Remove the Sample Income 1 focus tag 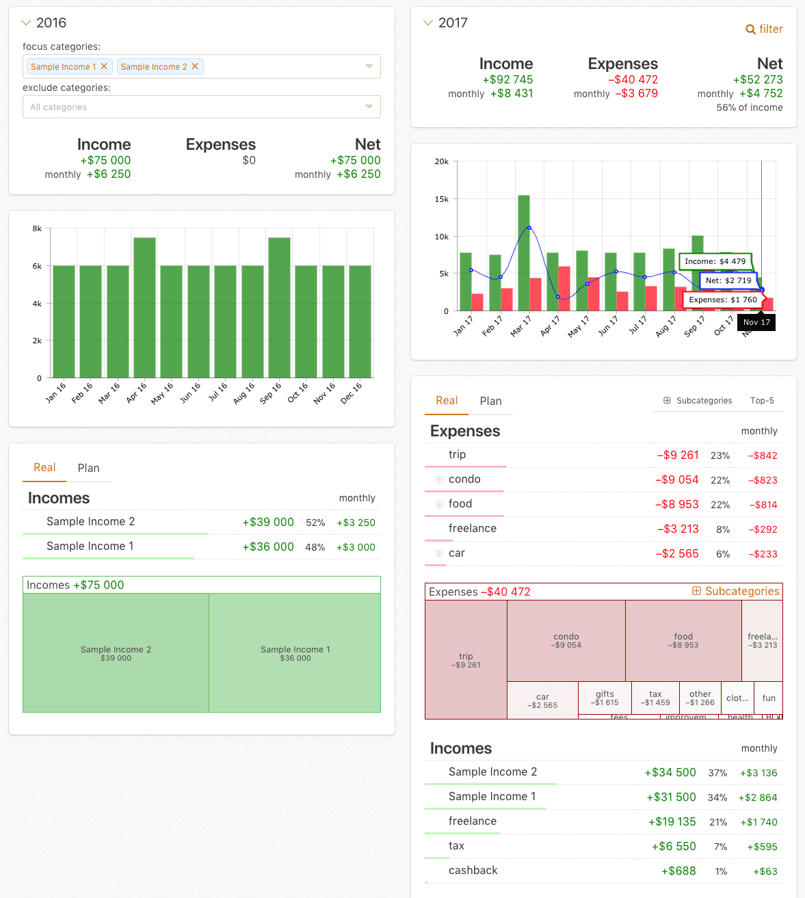tap(104, 66)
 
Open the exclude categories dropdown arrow tap(369, 107)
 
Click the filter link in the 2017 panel tap(764, 29)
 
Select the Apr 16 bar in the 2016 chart tap(144, 308)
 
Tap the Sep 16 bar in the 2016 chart tap(279, 308)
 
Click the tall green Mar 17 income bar tap(524, 253)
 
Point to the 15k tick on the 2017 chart tap(442, 199)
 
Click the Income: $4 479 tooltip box tap(715, 261)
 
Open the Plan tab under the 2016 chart tap(88, 468)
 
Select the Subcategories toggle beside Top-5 tap(698, 401)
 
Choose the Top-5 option tap(762, 401)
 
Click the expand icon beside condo tap(439, 479)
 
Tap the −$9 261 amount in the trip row tap(678, 455)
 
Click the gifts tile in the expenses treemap tap(605, 698)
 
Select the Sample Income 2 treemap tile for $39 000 tap(116, 653)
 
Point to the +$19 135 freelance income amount tap(672, 821)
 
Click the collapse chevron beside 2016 tap(27, 23)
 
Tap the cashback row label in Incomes tap(473, 871)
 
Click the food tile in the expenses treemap tap(683, 640)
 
